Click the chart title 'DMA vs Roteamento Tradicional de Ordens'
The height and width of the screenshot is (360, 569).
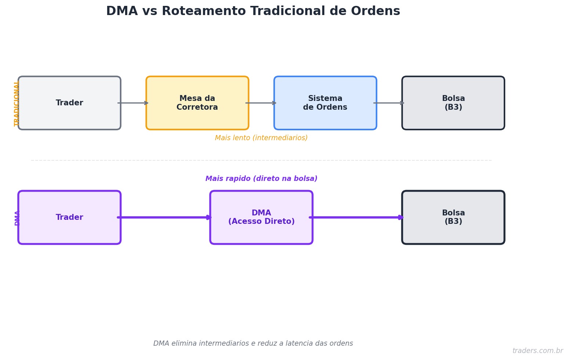tap(253, 11)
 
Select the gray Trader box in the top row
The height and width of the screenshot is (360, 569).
tap(69, 103)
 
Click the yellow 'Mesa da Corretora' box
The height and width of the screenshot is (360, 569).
tap(197, 103)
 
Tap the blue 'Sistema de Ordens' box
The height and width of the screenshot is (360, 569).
tap(325, 103)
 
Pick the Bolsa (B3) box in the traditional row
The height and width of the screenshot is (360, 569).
tap(453, 103)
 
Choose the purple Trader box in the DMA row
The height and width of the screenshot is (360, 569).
tap(69, 217)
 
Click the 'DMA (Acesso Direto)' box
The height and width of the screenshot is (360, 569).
tap(261, 217)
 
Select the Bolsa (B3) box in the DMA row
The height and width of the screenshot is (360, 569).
tap(453, 217)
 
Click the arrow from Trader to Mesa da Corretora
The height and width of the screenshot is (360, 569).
tap(133, 103)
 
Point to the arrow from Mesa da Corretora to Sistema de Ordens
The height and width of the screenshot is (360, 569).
tap(261, 103)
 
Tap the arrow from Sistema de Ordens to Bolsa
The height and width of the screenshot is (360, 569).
tap(389, 103)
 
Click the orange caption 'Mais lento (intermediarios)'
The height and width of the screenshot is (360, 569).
tap(261, 138)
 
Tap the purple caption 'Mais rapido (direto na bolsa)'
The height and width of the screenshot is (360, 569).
tap(261, 179)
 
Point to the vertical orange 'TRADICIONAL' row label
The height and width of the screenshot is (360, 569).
tap(17, 104)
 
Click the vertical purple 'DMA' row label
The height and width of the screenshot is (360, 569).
tap(17, 218)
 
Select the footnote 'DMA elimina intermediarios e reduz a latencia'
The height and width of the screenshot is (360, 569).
tap(253, 343)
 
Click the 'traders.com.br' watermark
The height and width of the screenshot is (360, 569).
tap(537, 351)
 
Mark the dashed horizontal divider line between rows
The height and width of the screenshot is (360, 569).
tap(261, 160)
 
